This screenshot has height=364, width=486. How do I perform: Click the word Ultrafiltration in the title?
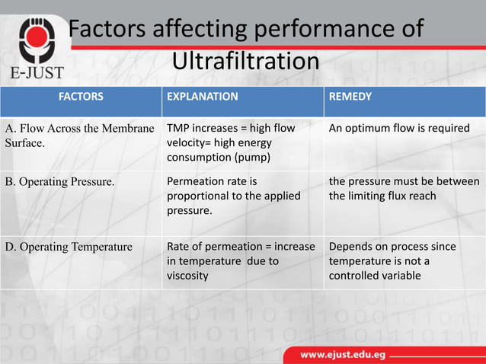coord(245,60)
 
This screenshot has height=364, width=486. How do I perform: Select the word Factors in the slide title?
coord(112,29)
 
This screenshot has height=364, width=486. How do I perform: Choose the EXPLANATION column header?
coord(202,97)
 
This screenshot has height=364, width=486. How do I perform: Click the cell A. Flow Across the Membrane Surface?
coord(79,135)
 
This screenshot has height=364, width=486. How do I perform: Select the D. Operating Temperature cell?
coord(69,247)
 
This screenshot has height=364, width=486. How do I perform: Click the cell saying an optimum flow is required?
coord(399,128)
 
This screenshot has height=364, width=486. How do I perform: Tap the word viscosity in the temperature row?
coord(187,275)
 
